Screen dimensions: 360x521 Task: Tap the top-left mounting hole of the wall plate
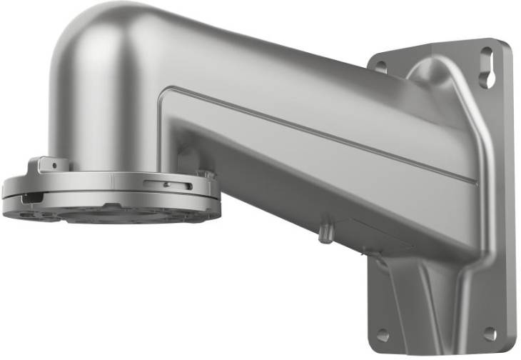382,66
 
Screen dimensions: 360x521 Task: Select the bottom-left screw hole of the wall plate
383,334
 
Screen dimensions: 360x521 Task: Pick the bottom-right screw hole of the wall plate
490,334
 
